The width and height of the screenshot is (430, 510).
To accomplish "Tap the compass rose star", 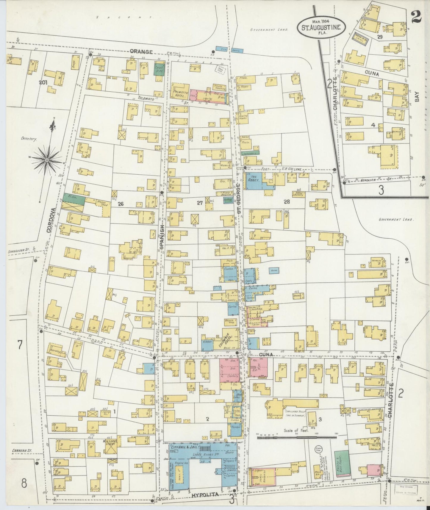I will coord(47,160).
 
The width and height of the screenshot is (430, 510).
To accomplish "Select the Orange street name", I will coord(141,52).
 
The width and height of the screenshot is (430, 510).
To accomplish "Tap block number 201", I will coord(44,83).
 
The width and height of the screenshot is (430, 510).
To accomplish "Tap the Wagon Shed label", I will coord(102,202).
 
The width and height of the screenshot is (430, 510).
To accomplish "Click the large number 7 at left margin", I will coord(20,345).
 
